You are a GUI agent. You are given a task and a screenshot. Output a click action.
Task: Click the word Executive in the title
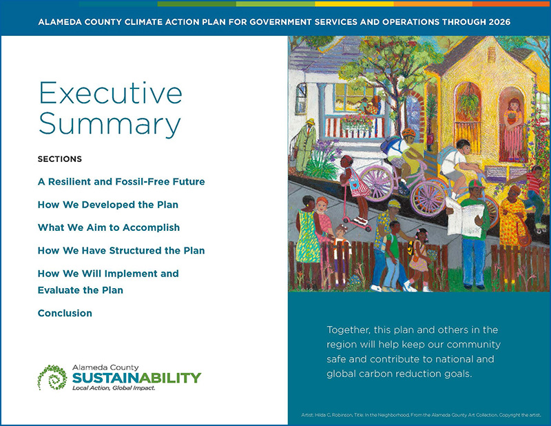click(110, 93)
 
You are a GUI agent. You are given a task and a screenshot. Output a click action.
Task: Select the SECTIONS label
click(60, 159)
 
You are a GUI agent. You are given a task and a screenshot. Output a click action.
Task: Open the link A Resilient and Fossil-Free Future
click(121, 182)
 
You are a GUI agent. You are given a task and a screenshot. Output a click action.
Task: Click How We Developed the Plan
click(108, 205)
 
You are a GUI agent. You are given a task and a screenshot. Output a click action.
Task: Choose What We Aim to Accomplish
click(109, 227)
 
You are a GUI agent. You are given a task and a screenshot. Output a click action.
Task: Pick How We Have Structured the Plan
click(121, 250)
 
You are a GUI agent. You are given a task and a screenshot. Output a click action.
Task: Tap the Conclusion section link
click(65, 313)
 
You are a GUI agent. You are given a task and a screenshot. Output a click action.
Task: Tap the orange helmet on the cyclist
click(408, 132)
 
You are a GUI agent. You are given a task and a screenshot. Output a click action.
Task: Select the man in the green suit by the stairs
click(307, 145)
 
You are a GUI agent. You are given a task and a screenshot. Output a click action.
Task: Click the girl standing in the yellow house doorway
click(513, 128)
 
